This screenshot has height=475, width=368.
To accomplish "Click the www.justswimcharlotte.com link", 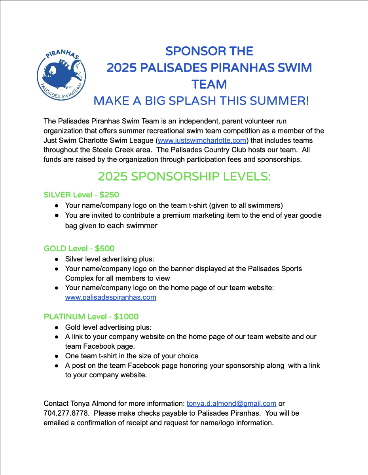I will pyautogui.click(x=202, y=141).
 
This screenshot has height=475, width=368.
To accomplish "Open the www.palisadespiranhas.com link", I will pyautogui.click(x=110, y=297).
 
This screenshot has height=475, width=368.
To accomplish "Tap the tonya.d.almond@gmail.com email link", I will pyautogui.click(x=231, y=404).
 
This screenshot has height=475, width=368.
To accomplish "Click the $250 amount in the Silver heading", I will pyautogui.click(x=109, y=195).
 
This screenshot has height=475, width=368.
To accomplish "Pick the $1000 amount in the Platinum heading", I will pyautogui.click(x=126, y=317).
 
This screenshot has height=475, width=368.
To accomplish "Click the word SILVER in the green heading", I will pyautogui.click(x=57, y=195).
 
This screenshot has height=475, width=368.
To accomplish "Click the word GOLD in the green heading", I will pyautogui.click(x=55, y=249).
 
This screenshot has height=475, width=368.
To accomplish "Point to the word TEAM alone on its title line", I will pyautogui.click(x=209, y=84).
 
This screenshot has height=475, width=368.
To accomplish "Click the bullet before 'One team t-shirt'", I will pyautogui.click(x=57, y=356).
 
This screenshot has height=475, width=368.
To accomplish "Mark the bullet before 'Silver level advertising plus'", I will pyautogui.click(x=57, y=259).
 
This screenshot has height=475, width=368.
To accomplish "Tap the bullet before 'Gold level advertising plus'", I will pyautogui.click(x=57, y=327).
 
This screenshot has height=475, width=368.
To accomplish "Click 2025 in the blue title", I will pyautogui.click(x=121, y=68).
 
